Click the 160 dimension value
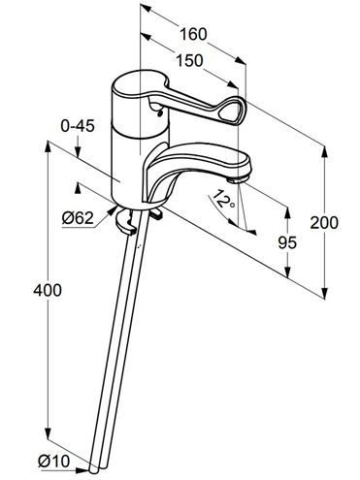click(x=193, y=34)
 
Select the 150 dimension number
click(x=189, y=60)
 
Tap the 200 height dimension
click(x=324, y=223)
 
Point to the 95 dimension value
click(x=287, y=242)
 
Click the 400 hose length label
click(x=48, y=290)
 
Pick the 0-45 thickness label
click(x=78, y=126)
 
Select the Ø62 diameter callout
click(x=78, y=218)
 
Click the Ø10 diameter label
click(x=53, y=461)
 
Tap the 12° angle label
click(x=224, y=199)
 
